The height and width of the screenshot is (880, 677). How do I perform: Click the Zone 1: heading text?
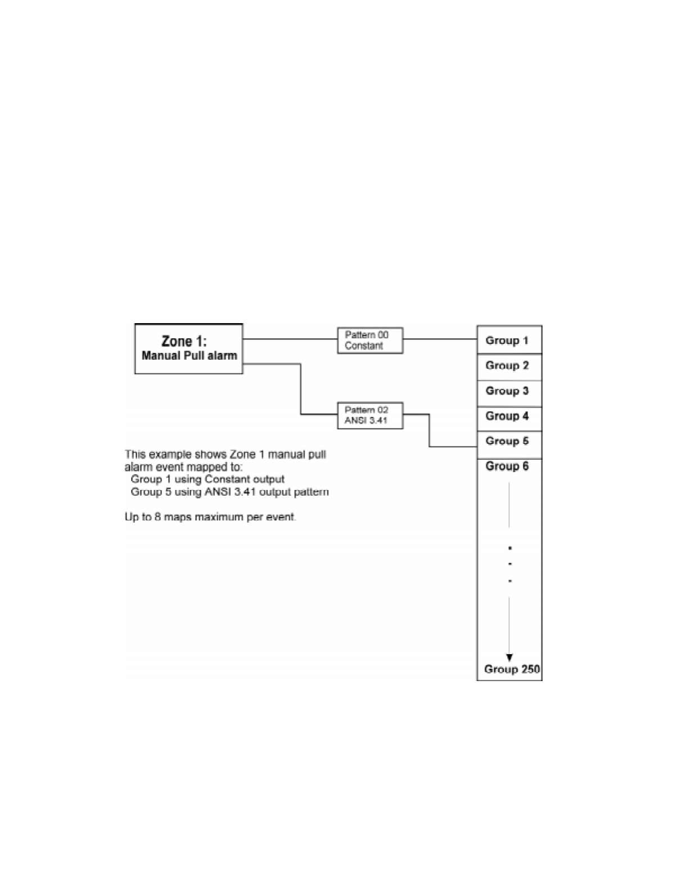[184, 341]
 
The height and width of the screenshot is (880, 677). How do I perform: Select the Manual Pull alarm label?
[189, 356]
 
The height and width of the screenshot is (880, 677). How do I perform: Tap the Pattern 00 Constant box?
[370, 340]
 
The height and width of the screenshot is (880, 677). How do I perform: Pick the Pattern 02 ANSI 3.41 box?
[370, 415]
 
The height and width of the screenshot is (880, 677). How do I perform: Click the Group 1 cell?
[509, 340]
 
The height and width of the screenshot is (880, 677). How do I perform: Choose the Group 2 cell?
[509, 366]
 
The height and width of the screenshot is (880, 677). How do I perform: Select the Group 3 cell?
[509, 391]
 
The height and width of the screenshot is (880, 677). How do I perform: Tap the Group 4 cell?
[509, 416]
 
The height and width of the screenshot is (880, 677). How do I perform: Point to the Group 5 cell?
[509, 441]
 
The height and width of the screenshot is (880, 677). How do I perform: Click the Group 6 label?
[507, 466]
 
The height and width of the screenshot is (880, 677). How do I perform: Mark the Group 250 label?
[512, 669]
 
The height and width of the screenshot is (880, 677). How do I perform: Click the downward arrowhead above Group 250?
[509, 658]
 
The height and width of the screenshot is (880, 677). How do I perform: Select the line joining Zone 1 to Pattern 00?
[290, 339]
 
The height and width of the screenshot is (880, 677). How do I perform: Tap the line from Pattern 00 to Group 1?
[440, 339]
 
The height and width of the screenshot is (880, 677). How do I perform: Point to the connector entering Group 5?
[453, 447]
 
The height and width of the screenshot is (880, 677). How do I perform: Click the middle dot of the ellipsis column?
[509, 564]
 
